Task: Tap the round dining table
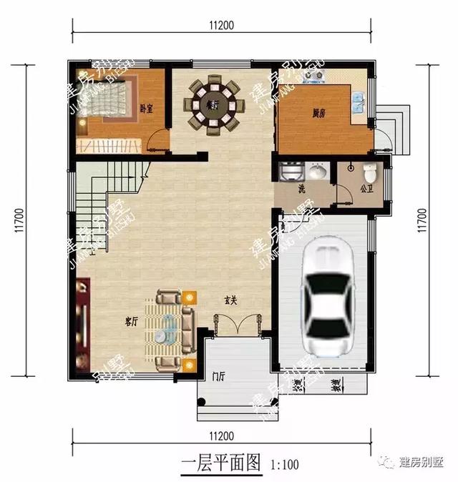coord(214,106)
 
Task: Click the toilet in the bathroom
coord(369,174)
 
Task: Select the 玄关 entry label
coord(230,300)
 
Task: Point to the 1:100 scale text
coord(286,464)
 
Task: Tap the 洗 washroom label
coord(301,190)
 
